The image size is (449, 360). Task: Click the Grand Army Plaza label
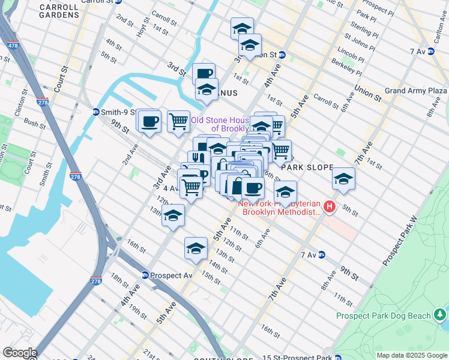(x=415, y=91)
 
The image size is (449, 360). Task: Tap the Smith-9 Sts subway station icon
(x=95, y=112)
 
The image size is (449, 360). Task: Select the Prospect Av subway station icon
(x=145, y=275)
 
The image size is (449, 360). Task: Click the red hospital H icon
(x=329, y=207)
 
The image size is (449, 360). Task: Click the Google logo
(x=19, y=353)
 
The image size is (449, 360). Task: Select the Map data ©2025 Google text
(x=412, y=355)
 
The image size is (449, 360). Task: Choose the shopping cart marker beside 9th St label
(x=178, y=122)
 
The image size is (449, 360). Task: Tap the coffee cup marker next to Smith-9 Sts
(x=149, y=121)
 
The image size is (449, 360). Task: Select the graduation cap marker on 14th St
(x=196, y=248)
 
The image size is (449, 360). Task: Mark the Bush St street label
(x=35, y=126)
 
